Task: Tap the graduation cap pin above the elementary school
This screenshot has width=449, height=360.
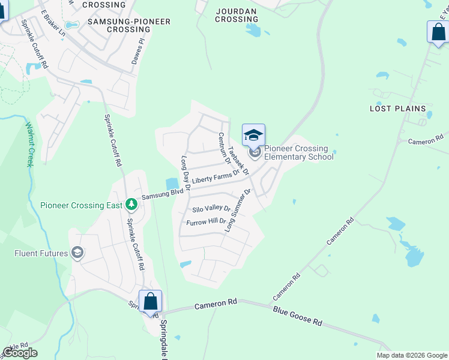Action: [x=253, y=134]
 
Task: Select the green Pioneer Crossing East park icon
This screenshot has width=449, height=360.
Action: [x=131, y=205]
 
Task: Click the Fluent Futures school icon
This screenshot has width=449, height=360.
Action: [x=77, y=253]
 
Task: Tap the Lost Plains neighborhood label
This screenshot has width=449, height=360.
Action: [x=397, y=109]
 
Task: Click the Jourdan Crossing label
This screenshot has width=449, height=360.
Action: [x=237, y=15]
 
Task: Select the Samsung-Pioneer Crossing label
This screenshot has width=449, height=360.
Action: [x=129, y=25]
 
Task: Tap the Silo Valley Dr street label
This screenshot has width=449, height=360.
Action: [x=211, y=209]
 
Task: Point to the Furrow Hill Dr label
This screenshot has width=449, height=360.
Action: [x=206, y=222]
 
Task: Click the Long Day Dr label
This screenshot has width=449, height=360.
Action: [x=185, y=173]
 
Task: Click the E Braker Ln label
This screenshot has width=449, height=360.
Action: [x=53, y=23]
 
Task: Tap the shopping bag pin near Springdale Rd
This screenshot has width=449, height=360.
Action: [x=150, y=302]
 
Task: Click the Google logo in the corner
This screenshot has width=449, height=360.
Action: [x=20, y=353]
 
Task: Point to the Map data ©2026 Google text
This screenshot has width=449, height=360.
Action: [x=412, y=355]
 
